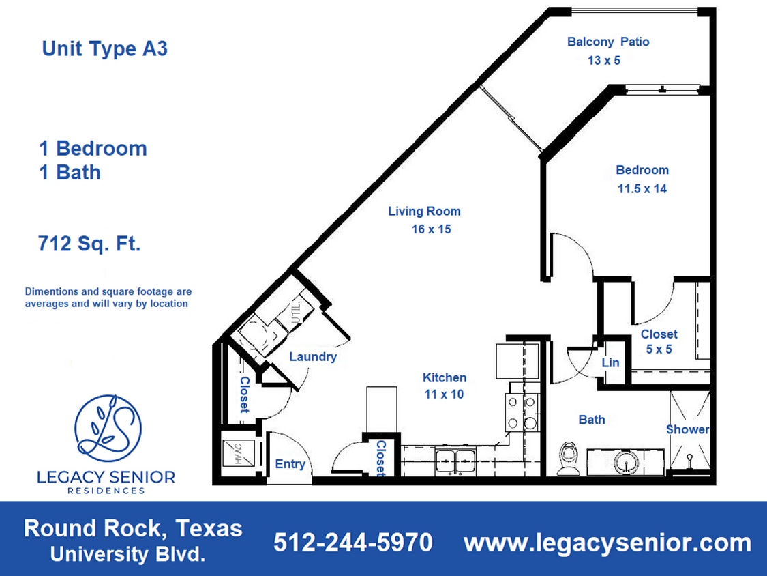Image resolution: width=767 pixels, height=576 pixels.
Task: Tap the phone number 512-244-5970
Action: (352, 543)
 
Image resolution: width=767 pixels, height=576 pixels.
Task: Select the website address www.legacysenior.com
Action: (607, 543)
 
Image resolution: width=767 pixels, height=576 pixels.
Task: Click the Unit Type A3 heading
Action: (104, 49)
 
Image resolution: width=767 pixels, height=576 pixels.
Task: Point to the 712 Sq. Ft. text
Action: (90, 244)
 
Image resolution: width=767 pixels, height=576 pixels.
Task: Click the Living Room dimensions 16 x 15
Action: (431, 229)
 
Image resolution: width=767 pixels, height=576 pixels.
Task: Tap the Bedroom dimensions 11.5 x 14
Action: (642, 189)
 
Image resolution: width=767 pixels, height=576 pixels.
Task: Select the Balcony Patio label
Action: (608, 42)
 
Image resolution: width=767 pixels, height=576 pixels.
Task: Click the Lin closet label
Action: (610, 362)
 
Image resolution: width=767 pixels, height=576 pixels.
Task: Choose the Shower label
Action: (687, 429)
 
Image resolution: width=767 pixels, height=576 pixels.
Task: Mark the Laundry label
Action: (313, 356)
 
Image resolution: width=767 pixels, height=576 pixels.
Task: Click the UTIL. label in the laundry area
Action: (297, 311)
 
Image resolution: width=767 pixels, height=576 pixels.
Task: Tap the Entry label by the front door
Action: (290, 464)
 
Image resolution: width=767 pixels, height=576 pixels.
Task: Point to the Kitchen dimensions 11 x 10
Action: (444, 394)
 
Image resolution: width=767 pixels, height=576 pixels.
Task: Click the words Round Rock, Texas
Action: (133, 528)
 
